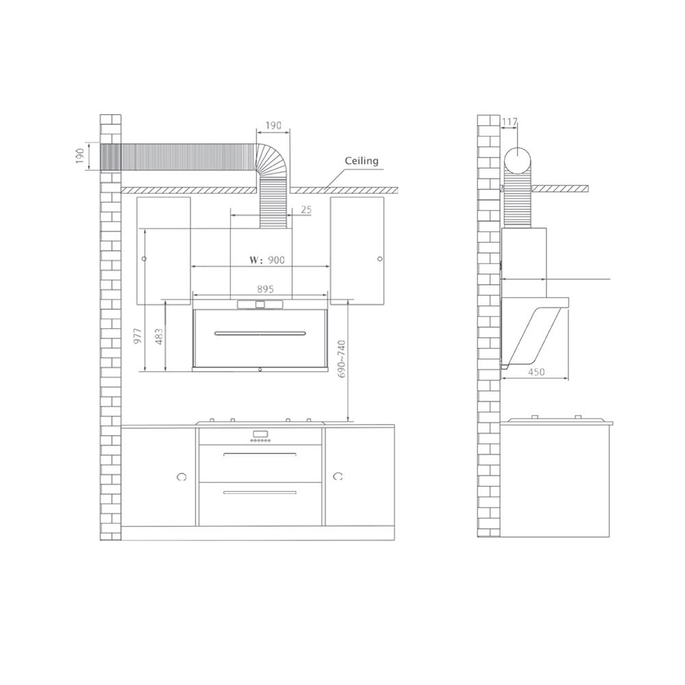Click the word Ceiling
pyautogui.click(x=361, y=161)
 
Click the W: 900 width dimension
pyautogui.click(x=267, y=260)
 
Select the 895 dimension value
pyautogui.click(x=265, y=289)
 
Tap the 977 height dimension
pyautogui.click(x=138, y=336)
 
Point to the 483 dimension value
pyautogui.click(x=159, y=337)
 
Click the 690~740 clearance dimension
pyautogui.click(x=341, y=359)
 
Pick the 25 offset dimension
pyautogui.click(x=307, y=210)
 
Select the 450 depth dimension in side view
pyautogui.click(x=536, y=372)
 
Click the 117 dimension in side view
pyautogui.click(x=510, y=122)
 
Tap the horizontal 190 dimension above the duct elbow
pyautogui.click(x=273, y=126)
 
